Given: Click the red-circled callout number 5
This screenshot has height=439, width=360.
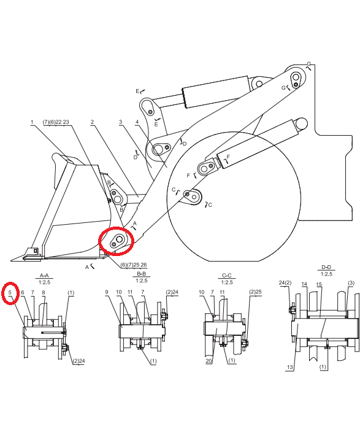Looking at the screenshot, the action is coord(10,292).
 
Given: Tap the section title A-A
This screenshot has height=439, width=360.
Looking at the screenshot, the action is coord(44,276).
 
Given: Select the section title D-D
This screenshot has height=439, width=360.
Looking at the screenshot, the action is coord(326,267).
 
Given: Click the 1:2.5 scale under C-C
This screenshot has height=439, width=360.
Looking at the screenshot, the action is coord(227,282).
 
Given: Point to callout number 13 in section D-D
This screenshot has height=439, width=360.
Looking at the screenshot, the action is coord(290,367).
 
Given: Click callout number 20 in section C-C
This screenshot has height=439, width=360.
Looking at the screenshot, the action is coord(209,361).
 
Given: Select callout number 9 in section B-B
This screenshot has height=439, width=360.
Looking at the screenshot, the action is coord(107,292).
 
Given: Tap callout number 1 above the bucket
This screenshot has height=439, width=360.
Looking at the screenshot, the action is coord(32,122).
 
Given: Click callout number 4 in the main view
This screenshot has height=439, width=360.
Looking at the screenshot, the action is coord(137,122).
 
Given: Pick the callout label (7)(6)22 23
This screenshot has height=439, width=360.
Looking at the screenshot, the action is coord(56,122).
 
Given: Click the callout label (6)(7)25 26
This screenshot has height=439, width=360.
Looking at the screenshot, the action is coord(134,265).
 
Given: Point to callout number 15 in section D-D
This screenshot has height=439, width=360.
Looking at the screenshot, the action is coord(319,284).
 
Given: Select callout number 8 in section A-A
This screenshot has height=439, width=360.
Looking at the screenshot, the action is coord(44,293).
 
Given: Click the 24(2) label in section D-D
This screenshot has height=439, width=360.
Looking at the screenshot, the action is coord(285,283).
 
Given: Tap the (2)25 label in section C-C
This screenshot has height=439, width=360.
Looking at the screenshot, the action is coord(255,292).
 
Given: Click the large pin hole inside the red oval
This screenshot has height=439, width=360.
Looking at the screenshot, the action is coord(120,239).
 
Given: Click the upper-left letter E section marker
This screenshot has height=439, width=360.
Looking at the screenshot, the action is coord(137,91).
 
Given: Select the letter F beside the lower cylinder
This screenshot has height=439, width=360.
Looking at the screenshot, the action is coord(228,157).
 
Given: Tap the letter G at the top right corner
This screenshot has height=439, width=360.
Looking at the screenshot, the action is coord(309,64).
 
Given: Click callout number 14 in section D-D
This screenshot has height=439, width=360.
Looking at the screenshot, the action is coord(304,284).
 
